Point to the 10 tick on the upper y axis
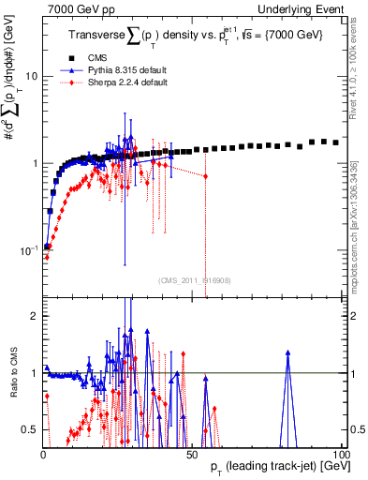30,75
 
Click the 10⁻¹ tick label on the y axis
28,250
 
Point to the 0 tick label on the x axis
43,455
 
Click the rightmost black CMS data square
336,142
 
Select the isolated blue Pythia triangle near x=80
288,353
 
